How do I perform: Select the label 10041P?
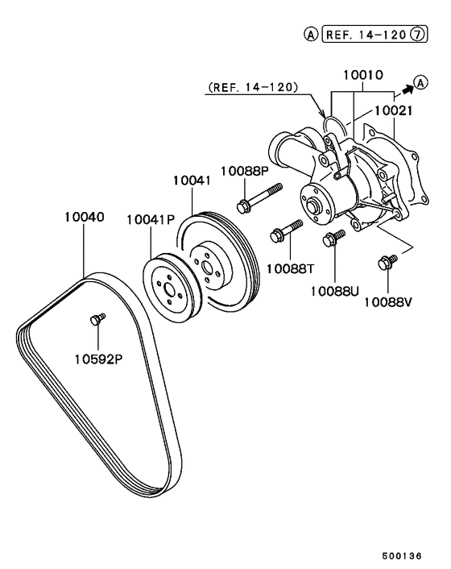[x=151, y=218]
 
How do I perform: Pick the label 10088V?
[x=388, y=302]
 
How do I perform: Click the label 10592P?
[x=97, y=358]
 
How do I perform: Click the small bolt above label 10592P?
[x=97, y=320]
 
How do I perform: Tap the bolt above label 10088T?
[x=286, y=230]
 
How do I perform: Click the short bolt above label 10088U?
[x=333, y=237]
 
